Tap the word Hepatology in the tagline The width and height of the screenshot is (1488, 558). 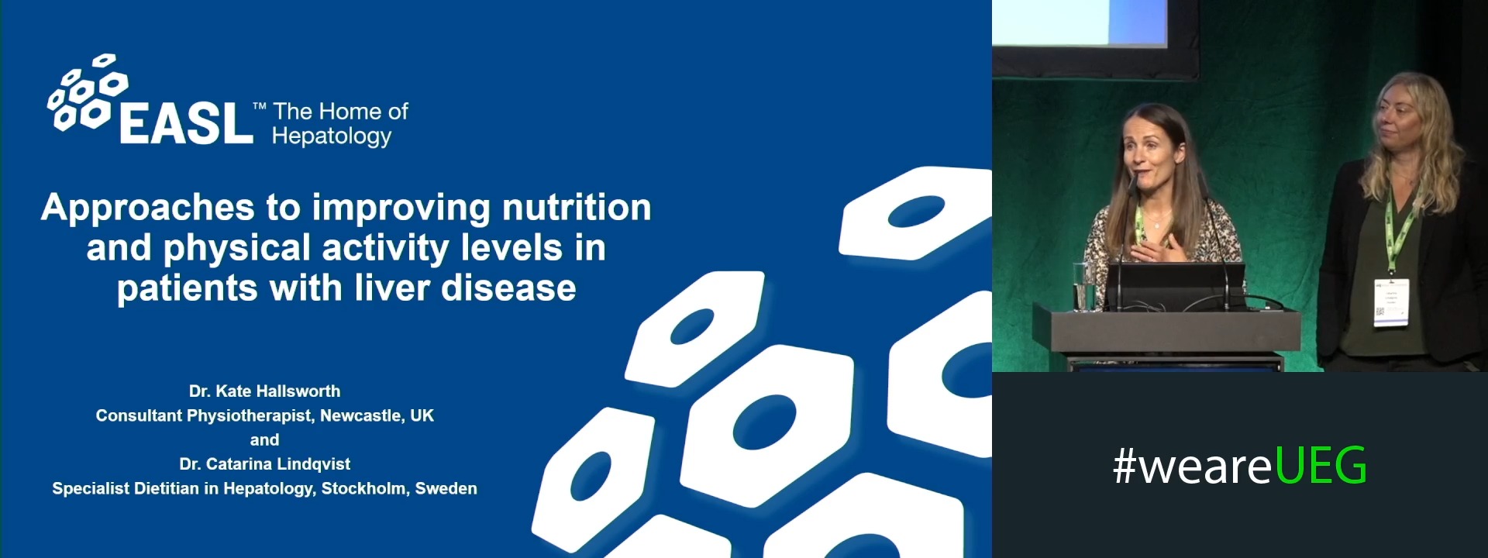332,136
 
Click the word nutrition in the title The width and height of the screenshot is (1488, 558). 577,208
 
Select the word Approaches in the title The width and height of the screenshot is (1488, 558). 148,208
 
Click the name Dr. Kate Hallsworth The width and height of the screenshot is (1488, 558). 264,391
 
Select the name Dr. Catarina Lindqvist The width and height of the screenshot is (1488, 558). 264,464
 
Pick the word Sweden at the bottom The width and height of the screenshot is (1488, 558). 446,488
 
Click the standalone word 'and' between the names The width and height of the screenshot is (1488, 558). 264,439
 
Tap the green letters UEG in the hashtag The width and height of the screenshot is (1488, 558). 1321,467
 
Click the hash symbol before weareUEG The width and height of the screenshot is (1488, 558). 1124,467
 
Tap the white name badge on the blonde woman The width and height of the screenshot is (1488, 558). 1391,302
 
